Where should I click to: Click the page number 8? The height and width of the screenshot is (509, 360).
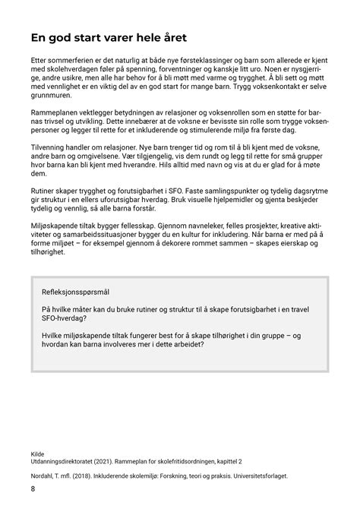click(x=33, y=488)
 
